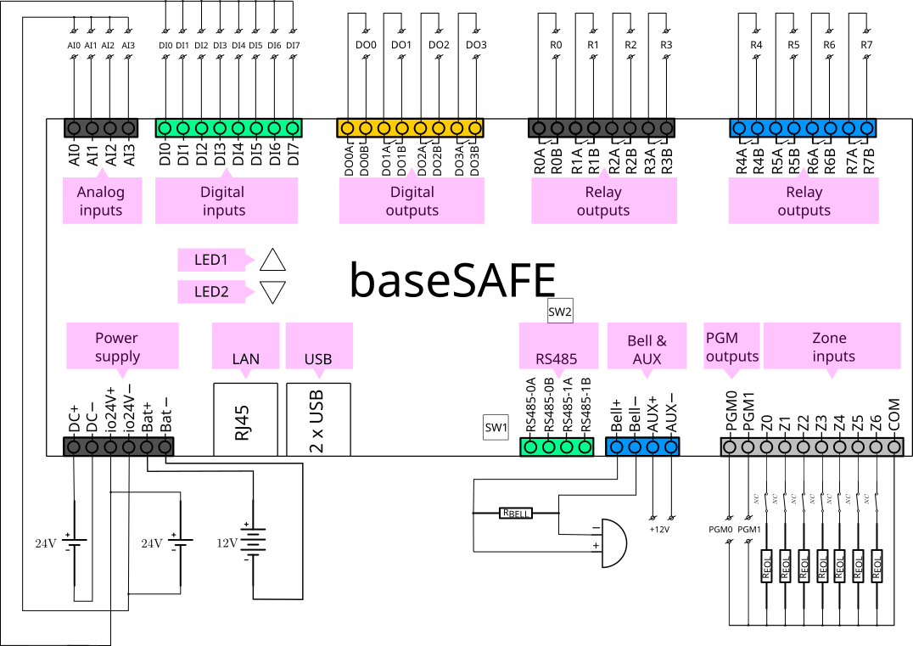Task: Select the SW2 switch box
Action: pyautogui.click(x=560, y=312)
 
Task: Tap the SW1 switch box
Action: pyautogui.click(x=496, y=428)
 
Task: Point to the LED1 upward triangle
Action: pyautogui.click(x=273, y=259)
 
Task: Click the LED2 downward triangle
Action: pyautogui.click(x=273, y=293)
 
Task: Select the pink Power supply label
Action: pyautogui.click(x=117, y=346)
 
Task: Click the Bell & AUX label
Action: pyautogui.click(x=647, y=349)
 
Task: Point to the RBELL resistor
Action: pyautogui.click(x=516, y=513)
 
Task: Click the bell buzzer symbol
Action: pyautogui.click(x=610, y=542)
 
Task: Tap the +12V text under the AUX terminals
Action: pyautogui.click(x=659, y=530)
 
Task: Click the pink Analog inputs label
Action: pyautogui.click(x=100, y=201)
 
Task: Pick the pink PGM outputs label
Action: pyautogui.click(x=731, y=346)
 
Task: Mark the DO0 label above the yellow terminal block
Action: pyautogui.click(x=366, y=44)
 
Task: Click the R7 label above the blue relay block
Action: pyautogui.click(x=865, y=44)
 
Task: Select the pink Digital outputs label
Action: pyautogui.click(x=412, y=201)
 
